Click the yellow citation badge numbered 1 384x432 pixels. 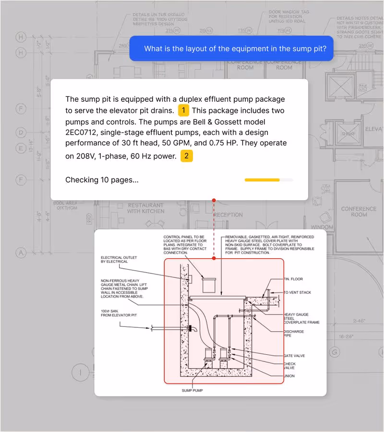click(183, 111)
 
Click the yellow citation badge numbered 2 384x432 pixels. click(186, 156)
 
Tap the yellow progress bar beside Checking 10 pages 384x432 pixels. click(262, 180)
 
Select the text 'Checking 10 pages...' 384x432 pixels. click(102, 180)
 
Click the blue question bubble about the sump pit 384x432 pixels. click(231, 48)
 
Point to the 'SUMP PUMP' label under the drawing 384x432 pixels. click(192, 391)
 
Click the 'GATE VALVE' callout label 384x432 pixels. click(294, 356)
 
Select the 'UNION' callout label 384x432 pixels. click(289, 376)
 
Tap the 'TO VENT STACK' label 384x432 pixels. click(297, 292)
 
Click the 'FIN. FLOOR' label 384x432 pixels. click(293, 279)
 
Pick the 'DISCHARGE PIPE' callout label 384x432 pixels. click(293, 334)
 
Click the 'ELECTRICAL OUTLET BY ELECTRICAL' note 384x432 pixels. click(114, 259)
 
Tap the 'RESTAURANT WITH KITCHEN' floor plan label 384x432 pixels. click(145, 208)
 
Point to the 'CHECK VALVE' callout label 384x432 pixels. click(290, 366)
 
